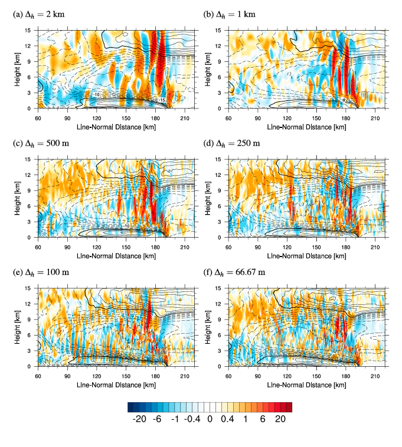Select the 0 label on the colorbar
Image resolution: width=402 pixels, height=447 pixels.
(x=210, y=419)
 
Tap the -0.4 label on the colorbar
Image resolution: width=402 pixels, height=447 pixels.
(x=191, y=419)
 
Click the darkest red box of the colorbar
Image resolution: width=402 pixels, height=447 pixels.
(x=289, y=407)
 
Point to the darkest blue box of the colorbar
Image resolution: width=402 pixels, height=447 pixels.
(x=131, y=407)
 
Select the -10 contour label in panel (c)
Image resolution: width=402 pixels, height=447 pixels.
(x=126, y=226)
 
